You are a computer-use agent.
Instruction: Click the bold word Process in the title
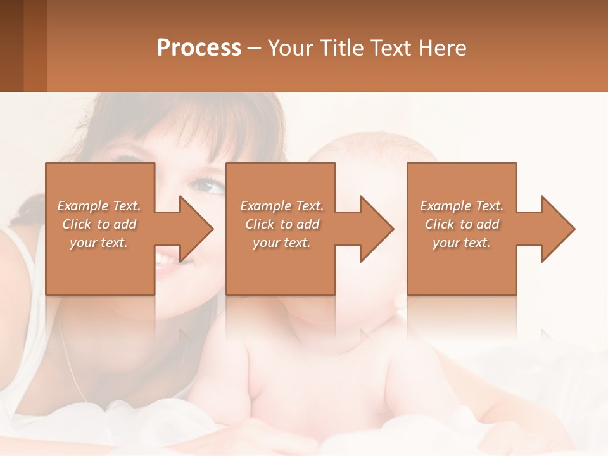tap(199, 48)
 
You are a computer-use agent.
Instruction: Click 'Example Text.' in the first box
tap(99, 206)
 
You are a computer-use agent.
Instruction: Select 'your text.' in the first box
tap(99, 243)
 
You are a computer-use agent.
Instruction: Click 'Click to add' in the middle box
tap(282, 224)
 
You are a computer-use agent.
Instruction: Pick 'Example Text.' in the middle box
tap(282, 206)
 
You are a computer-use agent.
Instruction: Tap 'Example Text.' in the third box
tap(462, 206)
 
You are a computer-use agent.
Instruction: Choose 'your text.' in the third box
tap(462, 243)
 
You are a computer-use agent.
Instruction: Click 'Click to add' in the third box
tap(462, 224)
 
